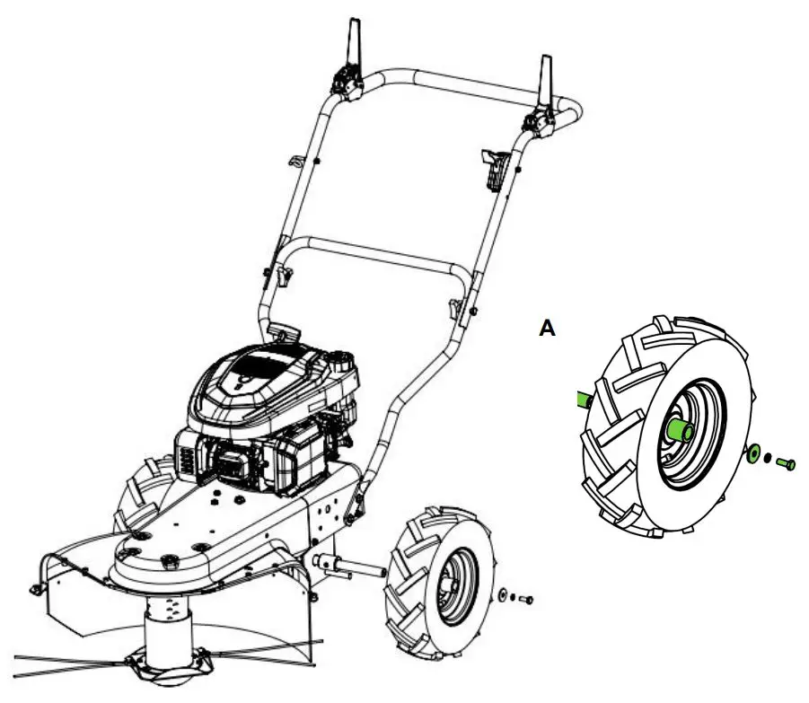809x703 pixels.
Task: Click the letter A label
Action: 547,330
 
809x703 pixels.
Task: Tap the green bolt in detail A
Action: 787,463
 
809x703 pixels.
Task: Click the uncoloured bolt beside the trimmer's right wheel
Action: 525,599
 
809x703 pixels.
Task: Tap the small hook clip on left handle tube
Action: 293,162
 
